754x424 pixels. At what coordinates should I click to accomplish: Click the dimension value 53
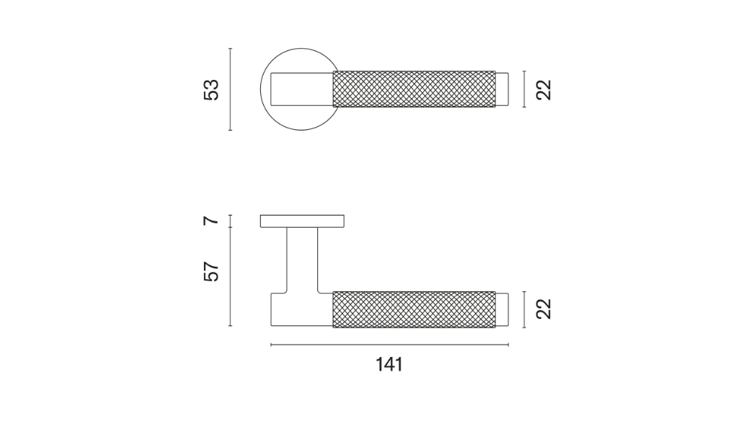(211, 89)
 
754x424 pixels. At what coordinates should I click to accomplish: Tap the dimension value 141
(389, 364)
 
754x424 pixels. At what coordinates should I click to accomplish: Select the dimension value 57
(211, 271)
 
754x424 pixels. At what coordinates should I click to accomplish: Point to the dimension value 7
(211, 221)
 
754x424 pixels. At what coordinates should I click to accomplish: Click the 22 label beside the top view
(544, 89)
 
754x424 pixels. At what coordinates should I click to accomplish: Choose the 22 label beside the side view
(544, 309)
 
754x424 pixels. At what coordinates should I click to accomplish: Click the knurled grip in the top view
(414, 89)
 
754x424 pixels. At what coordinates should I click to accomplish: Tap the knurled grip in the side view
(414, 309)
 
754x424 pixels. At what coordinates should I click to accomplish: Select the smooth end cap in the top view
(502, 89)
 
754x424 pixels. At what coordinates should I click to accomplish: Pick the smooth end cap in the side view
(502, 309)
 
